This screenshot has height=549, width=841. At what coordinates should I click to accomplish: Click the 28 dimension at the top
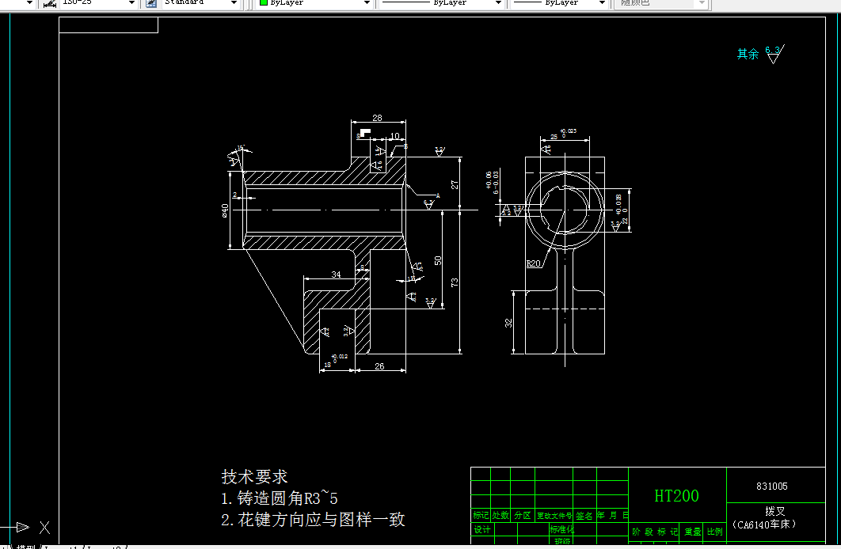pyautogui.click(x=377, y=118)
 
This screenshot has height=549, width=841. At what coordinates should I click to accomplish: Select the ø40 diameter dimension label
pyautogui.click(x=226, y=210)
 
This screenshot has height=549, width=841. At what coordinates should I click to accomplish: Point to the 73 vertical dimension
pyautogui.click(x=455, y=282)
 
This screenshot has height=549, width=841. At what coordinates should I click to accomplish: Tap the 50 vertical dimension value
pyautogui.click(x=437, y=259)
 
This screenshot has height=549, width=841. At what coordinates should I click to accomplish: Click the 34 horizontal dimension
pyautogui.click(x=336, y=274)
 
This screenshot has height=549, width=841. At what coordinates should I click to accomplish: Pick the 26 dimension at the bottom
pyautogui.click(x=379, y=366)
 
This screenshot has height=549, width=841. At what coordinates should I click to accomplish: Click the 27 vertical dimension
pyautogui.click(x=455, y=184)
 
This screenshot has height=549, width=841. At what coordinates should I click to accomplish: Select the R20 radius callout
pyautogui.click(x=535, y=264)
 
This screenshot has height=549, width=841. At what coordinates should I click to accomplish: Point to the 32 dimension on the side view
pyautogui.click(x=508, y=323)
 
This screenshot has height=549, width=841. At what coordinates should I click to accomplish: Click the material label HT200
pyautogui.click(x=676, y=496)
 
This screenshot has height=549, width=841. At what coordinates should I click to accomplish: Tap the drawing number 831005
pyautogui.click(x=772, y=487)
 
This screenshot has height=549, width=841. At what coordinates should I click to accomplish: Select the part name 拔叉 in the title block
pyautogui.click(x=774, y=512)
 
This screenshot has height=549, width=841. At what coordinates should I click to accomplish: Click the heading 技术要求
pyautogui.click(x=254, y=477)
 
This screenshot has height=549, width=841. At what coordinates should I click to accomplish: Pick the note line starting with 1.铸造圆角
pyautogui.click(x=280, y=498)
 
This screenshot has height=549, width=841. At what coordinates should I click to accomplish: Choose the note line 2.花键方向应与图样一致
pyautogui.click(x=313, y=520)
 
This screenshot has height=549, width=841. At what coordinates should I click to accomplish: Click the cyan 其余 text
pyautogui.click(x=748, y=54)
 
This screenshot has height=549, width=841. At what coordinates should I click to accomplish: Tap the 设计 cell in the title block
pyautogui.click(x=481, y=530)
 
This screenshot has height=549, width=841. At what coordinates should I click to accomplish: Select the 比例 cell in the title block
pyautogui.click(x=714, y=532)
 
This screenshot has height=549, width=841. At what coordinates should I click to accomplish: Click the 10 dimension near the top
pyautogui.click(x=395, y=136)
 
